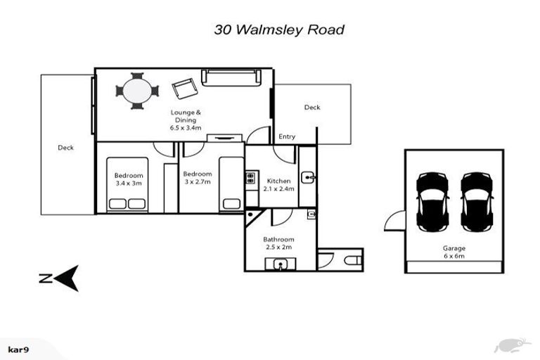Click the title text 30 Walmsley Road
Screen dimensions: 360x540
pyautogui.click(x=279, y=30)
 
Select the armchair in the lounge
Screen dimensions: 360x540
pyautogui.click(x=184, y=89)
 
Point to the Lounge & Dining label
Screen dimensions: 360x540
pyautogui.click(x=186, y=120)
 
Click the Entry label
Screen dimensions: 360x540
pyautogui.click(x=287, y=136)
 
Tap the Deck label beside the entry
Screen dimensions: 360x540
pyautogui.click(x=312, y=108)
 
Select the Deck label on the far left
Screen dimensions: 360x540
pyautogui.click(x=65, y=148)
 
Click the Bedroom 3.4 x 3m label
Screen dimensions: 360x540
pyautogui.click(x=129, y=179)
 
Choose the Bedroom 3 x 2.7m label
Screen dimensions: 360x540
pyautogui.click(x=197, y=178)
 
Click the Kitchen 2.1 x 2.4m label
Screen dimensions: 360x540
pyautogui.click(x=278, y=184)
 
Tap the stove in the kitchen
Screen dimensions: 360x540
pyautogui.click(x=250, y=179)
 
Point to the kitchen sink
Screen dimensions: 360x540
pyautogui.click(x=308, y=176)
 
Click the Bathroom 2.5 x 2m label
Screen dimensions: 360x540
pyautogui.click(x=278, y=243)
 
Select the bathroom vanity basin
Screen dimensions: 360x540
pyautogui.click(x=281, y=264)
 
